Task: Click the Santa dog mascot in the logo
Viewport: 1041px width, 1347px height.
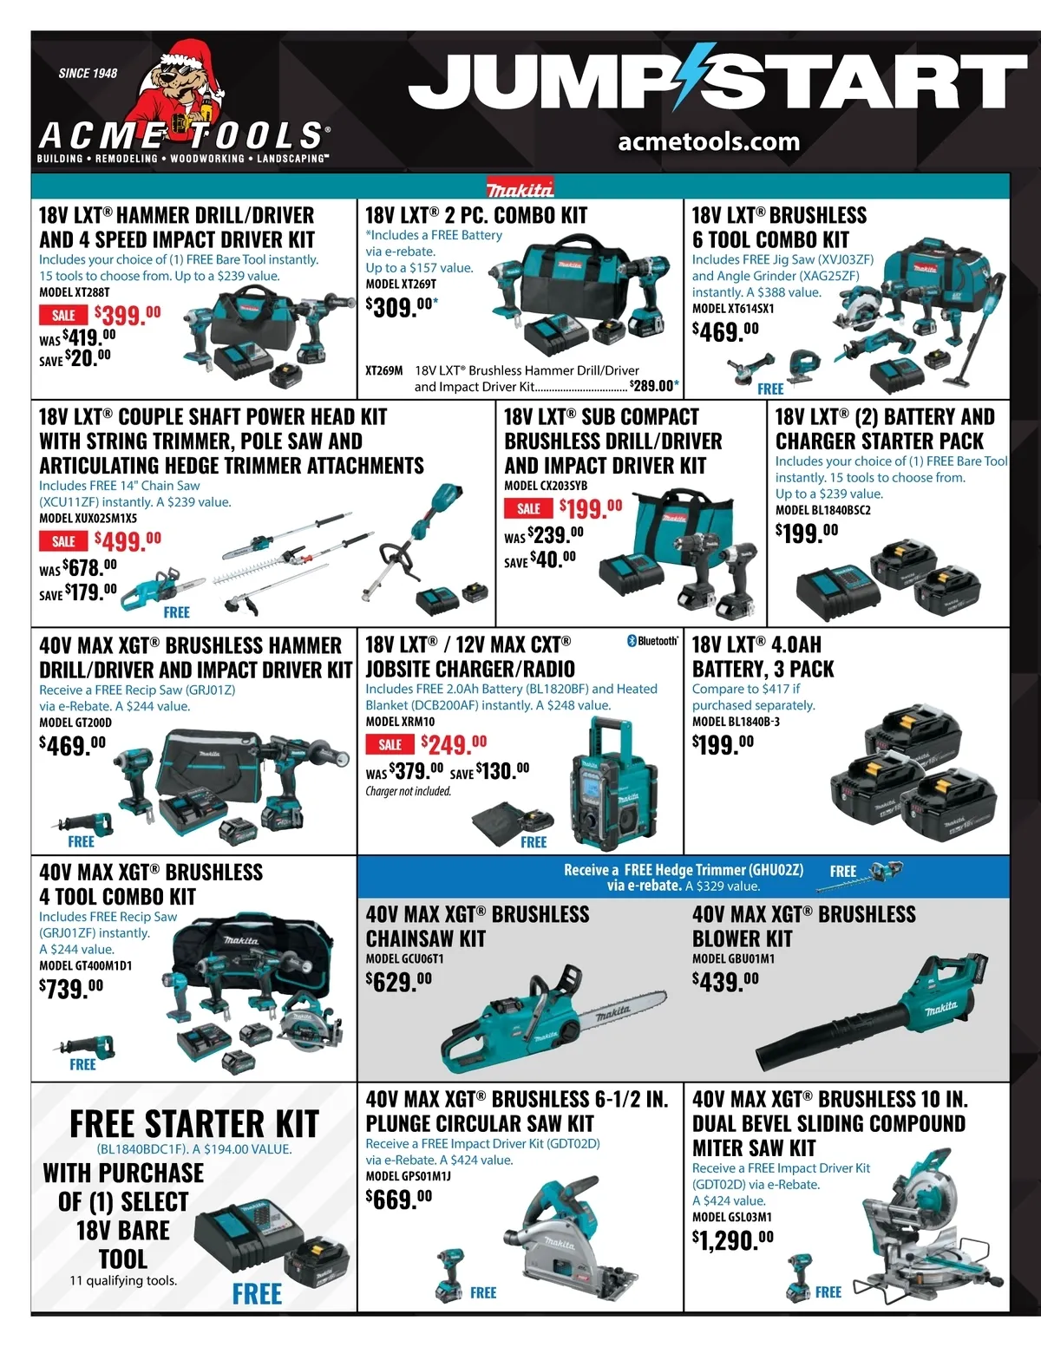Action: coord(180,83)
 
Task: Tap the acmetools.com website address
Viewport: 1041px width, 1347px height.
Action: coord(709,142)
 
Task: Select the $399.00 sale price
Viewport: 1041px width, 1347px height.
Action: coord(128,314)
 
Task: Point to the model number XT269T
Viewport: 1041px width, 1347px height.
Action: coord(401,284)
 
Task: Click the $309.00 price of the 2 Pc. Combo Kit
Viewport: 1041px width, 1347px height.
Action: coord(401,306)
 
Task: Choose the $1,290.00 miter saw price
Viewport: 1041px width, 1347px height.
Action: coord(733,1239)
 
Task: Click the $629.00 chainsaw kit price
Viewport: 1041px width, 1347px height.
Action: coord(399,981)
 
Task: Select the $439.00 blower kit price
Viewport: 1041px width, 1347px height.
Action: coord(725,981)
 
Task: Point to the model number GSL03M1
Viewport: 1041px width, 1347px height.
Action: coord(731,1217)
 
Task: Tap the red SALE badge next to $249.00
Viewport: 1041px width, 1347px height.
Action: coord(390,744)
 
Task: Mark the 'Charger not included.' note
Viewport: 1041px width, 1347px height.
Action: coord(408,791)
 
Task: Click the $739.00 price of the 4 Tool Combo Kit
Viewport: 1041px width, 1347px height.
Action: coord(71,988)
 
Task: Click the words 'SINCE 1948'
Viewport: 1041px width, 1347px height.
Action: coord(88,73)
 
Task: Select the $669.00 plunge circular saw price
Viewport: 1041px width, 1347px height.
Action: coord(399,1200)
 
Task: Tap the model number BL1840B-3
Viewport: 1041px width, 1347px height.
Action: coord(736,722)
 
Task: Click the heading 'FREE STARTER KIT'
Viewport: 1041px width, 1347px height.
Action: coord(194,1123)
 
